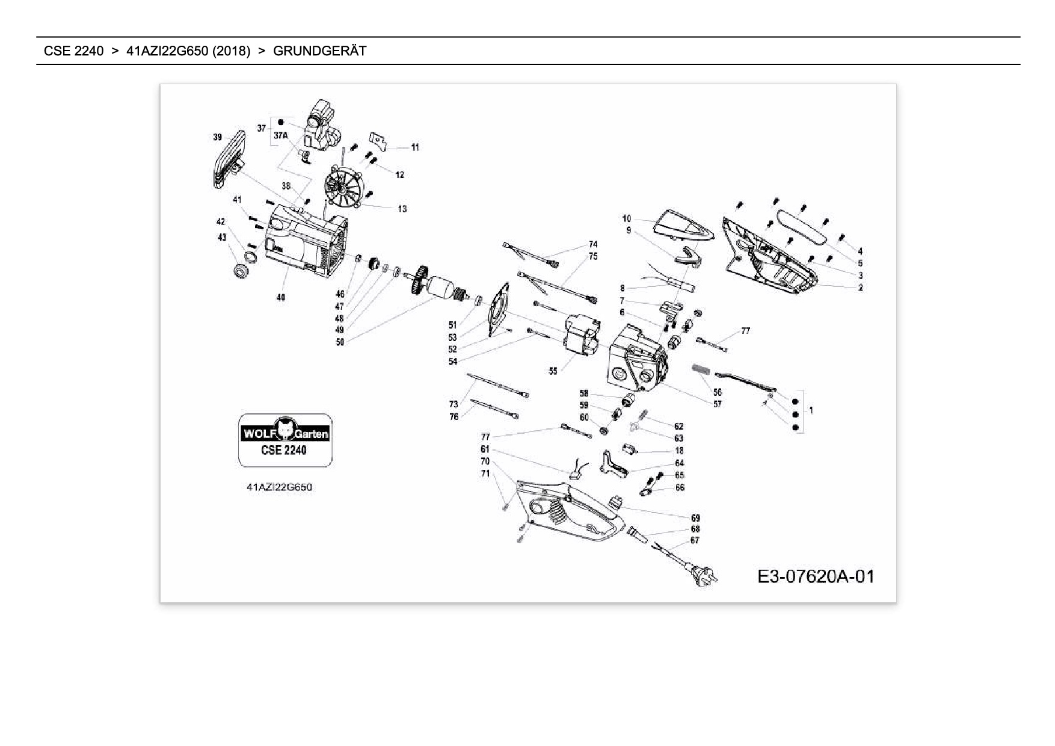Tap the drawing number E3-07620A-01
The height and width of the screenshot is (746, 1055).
[816, 577]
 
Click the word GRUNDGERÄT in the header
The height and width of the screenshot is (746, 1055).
[319, 51]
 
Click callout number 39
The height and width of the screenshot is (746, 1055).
[218, 137]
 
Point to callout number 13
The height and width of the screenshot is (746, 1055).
[402, 209]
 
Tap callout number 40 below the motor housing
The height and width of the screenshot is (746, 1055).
[281, 297]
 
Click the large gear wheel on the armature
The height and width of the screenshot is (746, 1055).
[419, 280]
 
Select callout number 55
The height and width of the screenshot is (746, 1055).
[553, 371]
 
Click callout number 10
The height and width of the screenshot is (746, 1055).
[627, 218]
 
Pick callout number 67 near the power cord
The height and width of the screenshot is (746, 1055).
[695, 540]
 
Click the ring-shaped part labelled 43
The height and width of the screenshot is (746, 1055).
[242, 271]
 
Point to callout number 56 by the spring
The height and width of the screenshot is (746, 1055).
[717, 392]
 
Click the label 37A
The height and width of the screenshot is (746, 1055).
[281, 136]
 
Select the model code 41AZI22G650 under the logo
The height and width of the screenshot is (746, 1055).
[280, 487]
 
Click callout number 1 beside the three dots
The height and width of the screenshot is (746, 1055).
[811, 410]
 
